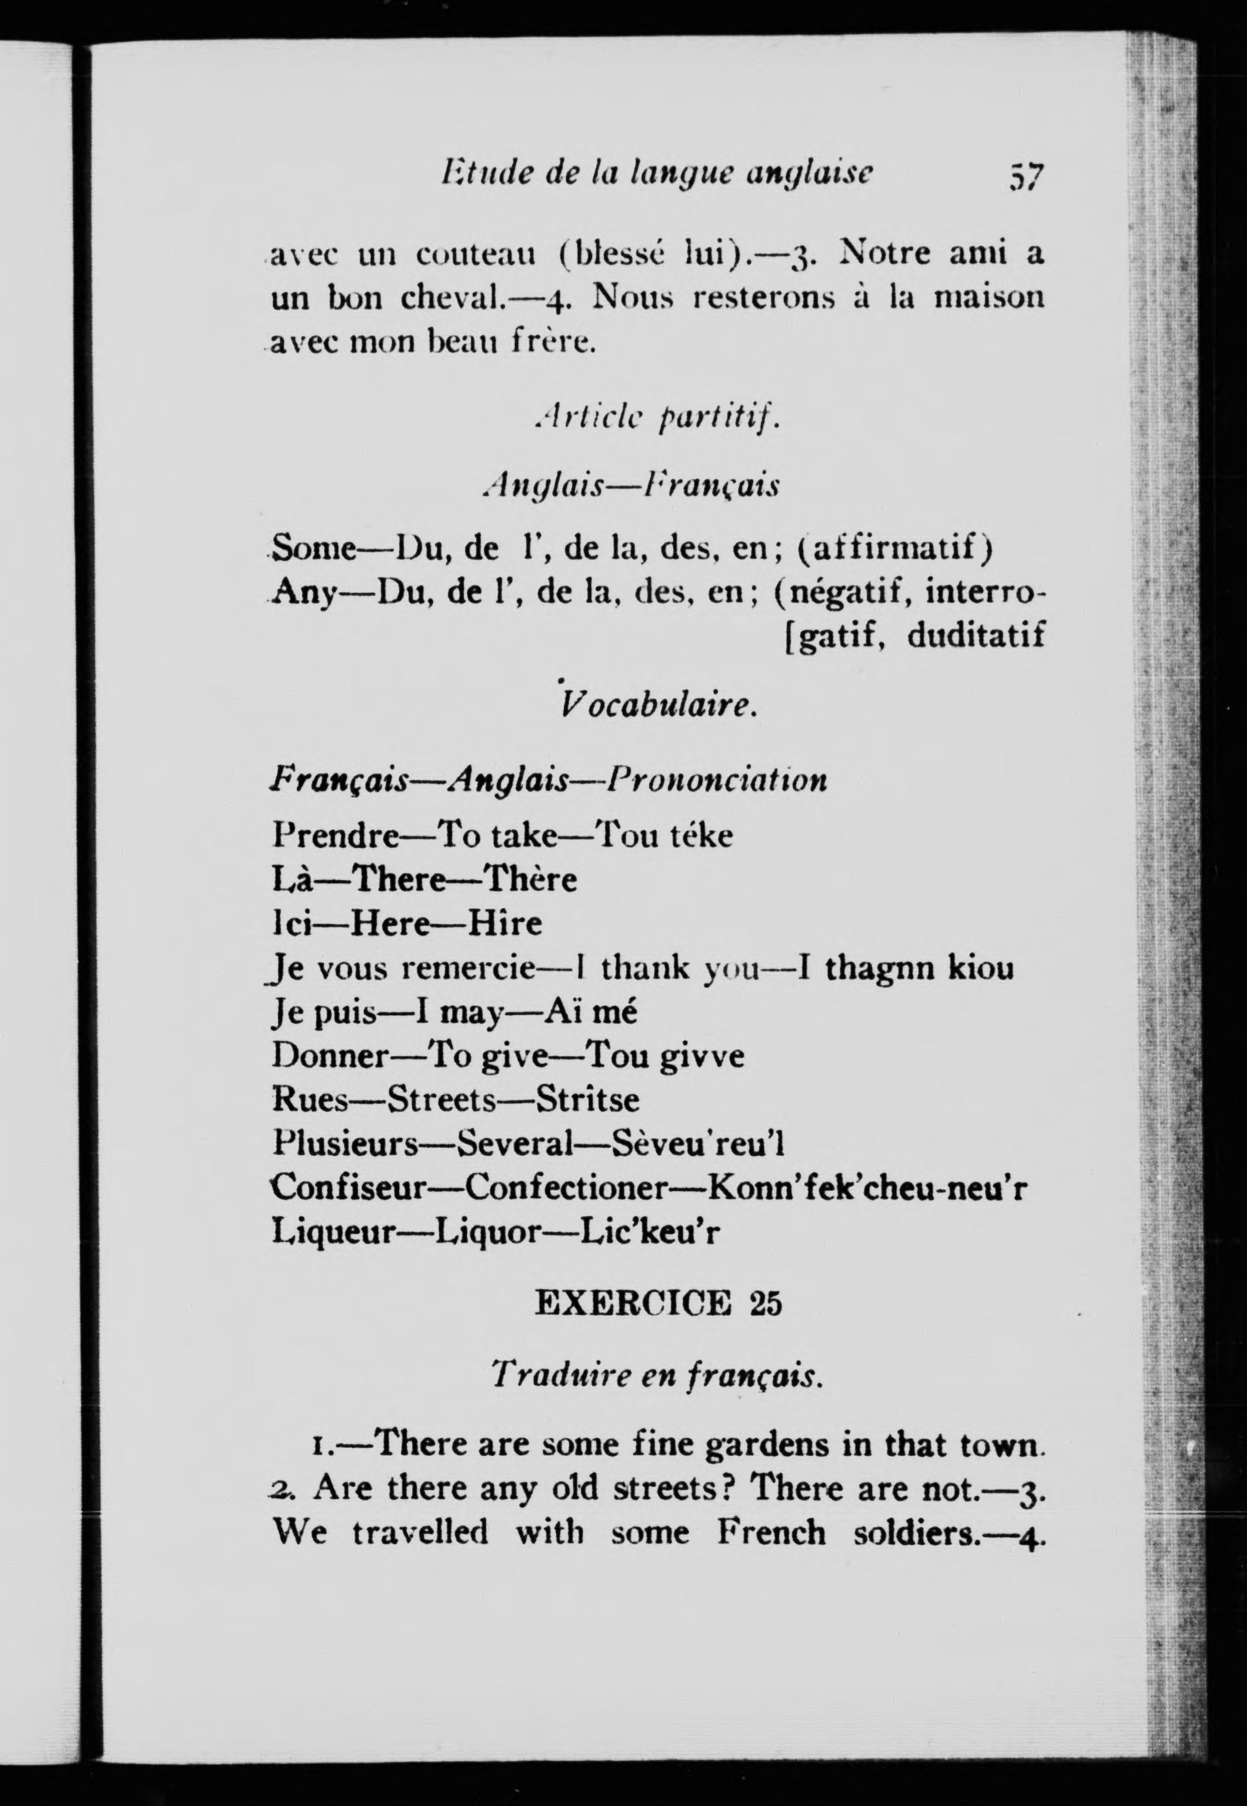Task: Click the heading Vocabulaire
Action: point(658,707)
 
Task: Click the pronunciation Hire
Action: point(504,924)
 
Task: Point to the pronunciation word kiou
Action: point(981,969)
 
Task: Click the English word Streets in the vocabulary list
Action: point(442,1101)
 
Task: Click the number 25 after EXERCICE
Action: point(765,1304)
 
